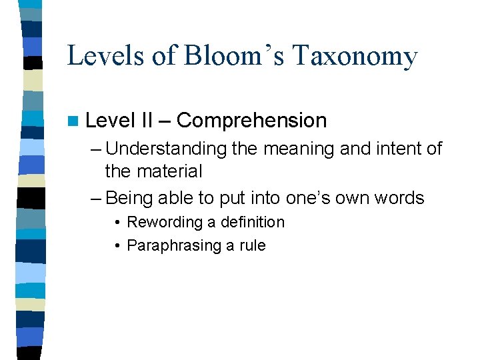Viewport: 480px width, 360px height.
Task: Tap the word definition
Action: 252,222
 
